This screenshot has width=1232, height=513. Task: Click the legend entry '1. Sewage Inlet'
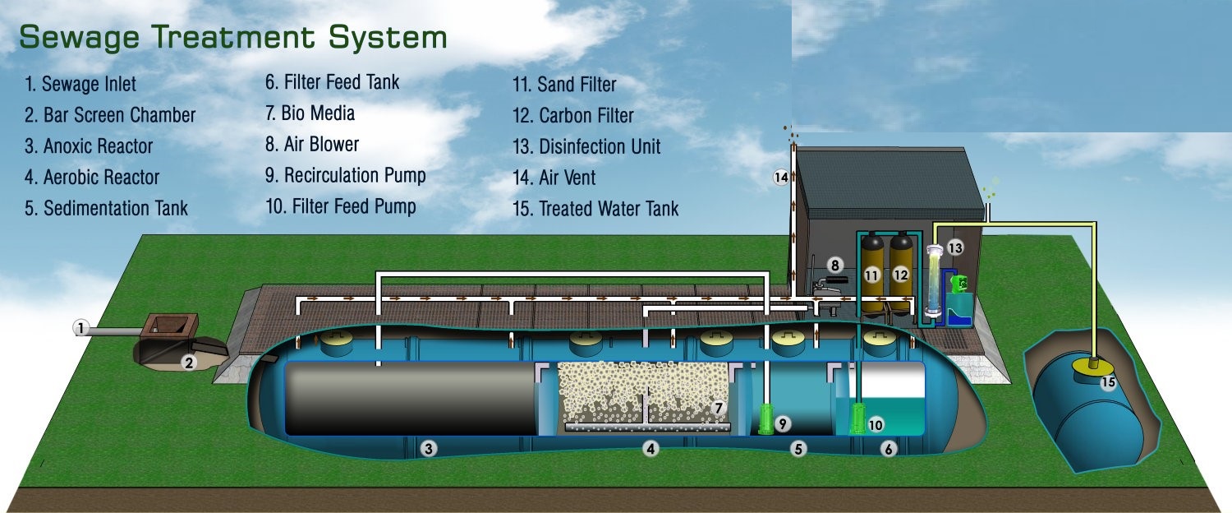[x=80, y=84]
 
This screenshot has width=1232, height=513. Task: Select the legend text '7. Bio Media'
[x=310, y=113]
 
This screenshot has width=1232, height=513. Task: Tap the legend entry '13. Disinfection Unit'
[x=586, y=147]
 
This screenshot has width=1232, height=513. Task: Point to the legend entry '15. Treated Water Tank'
[x=595, y=209]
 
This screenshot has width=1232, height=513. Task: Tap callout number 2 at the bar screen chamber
[x=189, y=362]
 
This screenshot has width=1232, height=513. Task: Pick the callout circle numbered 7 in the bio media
[x=718, y=407]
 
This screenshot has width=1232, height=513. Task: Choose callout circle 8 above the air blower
[x=834, y=265]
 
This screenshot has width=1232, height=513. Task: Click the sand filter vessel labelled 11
[x=871, y=275]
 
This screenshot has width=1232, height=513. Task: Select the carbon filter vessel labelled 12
[x=901, y=275]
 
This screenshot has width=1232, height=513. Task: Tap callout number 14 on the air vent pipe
[x=780, y=177]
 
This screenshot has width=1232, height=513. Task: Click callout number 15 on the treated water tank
[x=1108, y=382]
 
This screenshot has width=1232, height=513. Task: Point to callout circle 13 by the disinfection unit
[x=954, y=247]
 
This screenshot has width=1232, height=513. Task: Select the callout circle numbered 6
[x=888, y=448]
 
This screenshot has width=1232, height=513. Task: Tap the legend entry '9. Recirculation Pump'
[x=345, y=175]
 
